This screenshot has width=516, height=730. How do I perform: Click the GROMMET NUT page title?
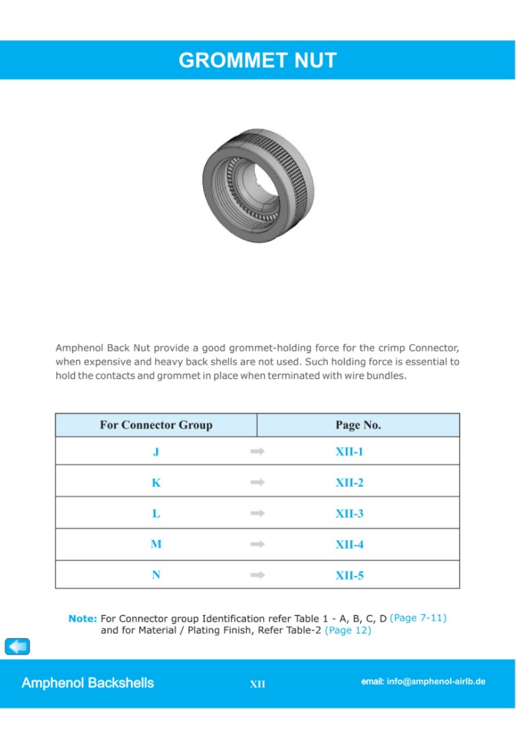[x=257, y=60]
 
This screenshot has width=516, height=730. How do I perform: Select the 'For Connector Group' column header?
[x=156, y=425]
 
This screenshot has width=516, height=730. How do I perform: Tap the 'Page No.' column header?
[x=358, y=425]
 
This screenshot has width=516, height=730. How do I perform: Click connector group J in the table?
[x=156, y=452]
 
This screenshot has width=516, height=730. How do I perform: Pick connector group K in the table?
[x=156, y=483]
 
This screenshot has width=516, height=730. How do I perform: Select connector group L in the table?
[x=156, y=514]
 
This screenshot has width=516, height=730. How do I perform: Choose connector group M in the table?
[x=156, y=545]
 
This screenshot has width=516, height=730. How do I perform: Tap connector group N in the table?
[x=156, y=576]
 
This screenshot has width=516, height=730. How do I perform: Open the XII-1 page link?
[x=349, y=452]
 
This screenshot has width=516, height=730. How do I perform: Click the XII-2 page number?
[x=349, y=483]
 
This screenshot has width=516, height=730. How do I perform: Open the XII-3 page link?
[x=349, y=514]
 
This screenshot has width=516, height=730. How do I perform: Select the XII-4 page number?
[x=349, y=545]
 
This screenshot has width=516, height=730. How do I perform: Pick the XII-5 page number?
[x=349, y=576]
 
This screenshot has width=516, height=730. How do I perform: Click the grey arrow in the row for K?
[x=257, y=483]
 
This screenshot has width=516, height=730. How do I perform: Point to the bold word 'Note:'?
[x=83, y=619]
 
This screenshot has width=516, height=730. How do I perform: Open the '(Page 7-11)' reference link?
[x=418, y=618]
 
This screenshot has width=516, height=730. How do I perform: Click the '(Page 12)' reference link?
[x=348, y=631]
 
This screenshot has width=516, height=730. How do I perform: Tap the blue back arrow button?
[x=17, y=646]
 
